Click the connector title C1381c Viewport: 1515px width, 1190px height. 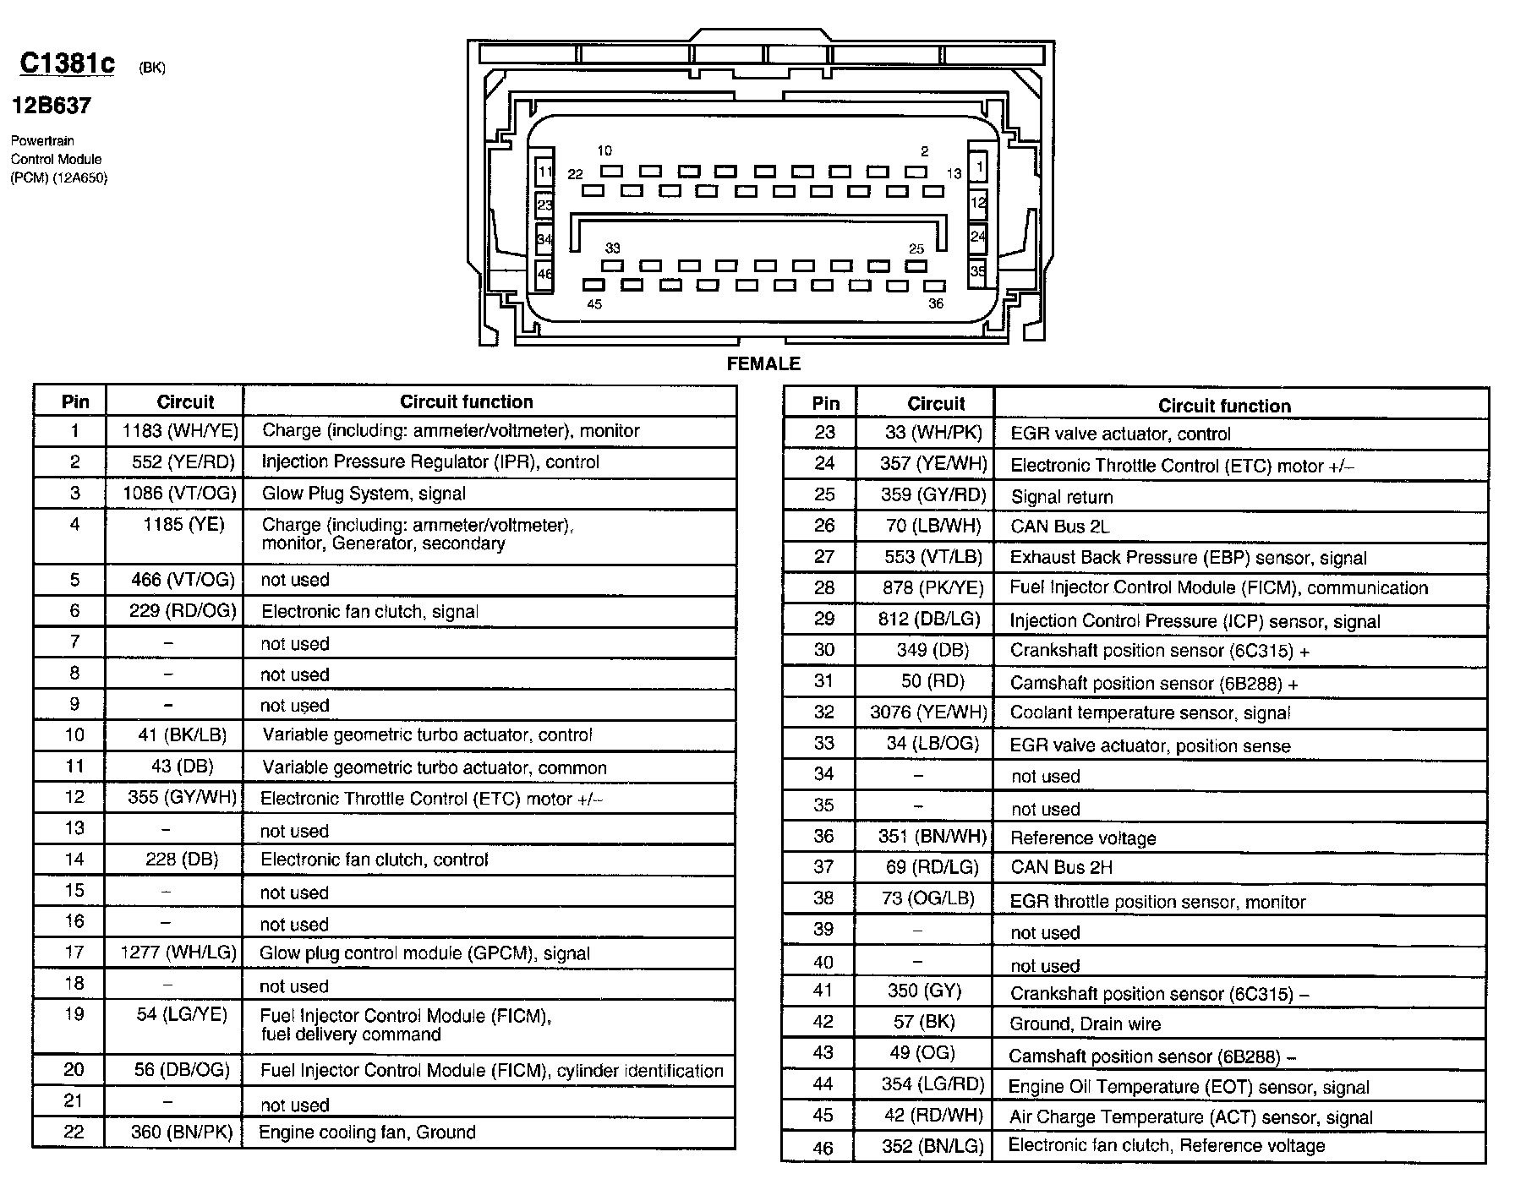(x=67, y=63)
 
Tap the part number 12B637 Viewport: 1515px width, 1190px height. (x=51, y=106)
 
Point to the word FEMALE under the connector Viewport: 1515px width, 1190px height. (x=763, y=363)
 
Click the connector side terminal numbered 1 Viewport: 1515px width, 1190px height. (x=978, y=166)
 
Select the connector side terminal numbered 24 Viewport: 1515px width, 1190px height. (x=978, y=237)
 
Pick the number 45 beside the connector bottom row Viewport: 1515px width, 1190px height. (x=594, y=304)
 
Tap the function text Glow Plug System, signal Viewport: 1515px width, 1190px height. (x=364, y=494)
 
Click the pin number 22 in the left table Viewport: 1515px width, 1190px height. (x=74, y=1133)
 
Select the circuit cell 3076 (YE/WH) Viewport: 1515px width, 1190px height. (x=928, y=712)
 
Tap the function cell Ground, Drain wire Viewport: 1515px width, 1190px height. (x=1085, y=1024)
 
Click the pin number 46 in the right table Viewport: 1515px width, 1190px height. (x=823, y=1148)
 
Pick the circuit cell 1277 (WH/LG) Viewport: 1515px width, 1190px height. (x=178, y=953)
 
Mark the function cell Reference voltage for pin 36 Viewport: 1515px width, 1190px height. (x=1083, y=838)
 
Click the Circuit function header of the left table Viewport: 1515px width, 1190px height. (x=466, y=402)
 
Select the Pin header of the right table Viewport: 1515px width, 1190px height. (x=825, y=404)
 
